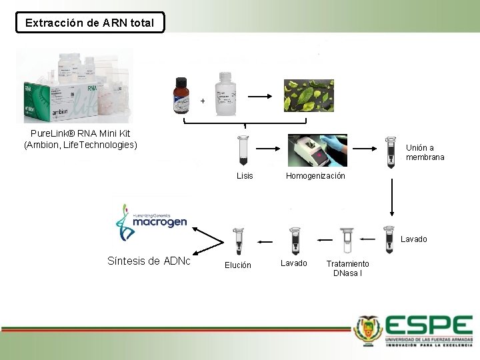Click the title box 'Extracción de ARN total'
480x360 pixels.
pyautogui.click(x=89, y=23)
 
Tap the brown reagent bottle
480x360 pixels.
pyautogui.click(x=181, y=97)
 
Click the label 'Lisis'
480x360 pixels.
pyautogui.click(x=245, y=176)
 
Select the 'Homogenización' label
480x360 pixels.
pyautogui.click(x=315, y=176)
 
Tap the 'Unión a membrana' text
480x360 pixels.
pyautogui.click(x=425, y=153)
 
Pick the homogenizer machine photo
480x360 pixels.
pyautogui.click(x=317, y=151)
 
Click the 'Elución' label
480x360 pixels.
pyautogui.click(x=238, y=265)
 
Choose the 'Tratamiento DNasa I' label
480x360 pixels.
pyautogui.click(x=347, y=269)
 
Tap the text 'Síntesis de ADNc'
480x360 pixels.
pyautogui.click(x=149, y=261)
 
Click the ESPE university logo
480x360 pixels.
pyautogui.click(x=414, y=331)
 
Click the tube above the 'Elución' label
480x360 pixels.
pyautogui.click(x=237, y=241)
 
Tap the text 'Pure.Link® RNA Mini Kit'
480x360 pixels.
pyautogui.click(x=80, y=133)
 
